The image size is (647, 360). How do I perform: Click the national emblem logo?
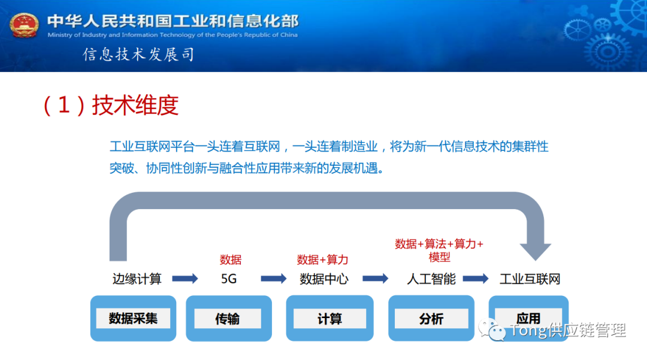pos(25,25)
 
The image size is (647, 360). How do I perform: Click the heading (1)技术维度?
pos(110,106)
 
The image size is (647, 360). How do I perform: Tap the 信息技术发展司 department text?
pos(139,55)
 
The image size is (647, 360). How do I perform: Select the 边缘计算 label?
pos(137,279)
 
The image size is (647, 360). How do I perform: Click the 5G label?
pos(229,279)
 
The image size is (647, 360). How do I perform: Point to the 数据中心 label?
pos(323,279)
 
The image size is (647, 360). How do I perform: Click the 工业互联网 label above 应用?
pos(530,279)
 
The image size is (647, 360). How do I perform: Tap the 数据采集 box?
pos(133,318)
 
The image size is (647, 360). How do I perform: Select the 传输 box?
pos(228,319)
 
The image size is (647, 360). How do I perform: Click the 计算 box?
pos(329,319)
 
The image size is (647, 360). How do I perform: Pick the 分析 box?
pos(431,319)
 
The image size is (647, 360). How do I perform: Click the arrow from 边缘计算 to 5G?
pos(185,279)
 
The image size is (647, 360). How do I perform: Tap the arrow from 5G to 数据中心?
pos(274,279)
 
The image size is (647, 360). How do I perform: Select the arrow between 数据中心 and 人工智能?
pos(376,279)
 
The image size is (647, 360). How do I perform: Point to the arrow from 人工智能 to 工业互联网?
pos(476,279)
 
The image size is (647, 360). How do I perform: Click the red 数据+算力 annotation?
pos(322,259)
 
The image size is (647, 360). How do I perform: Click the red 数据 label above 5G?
pos(231,259)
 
